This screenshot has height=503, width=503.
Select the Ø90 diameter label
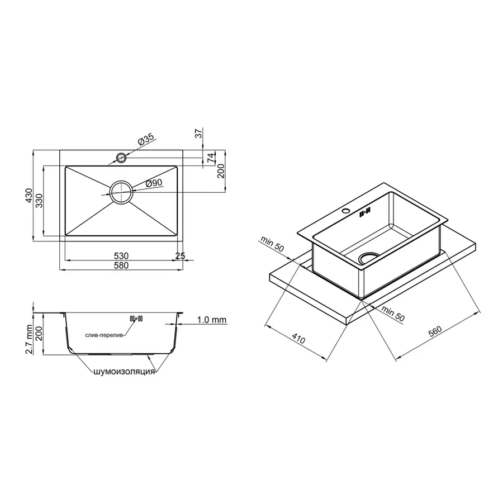pos(153,183)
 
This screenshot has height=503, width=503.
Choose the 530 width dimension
pos(121,256)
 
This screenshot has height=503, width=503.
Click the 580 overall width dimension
pos(121,266)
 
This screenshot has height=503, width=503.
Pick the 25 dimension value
pos(180,256)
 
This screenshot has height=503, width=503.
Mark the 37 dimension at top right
pos(197,134)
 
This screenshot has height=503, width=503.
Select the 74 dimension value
pos(211,158)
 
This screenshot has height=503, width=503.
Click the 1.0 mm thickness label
pos(211,320)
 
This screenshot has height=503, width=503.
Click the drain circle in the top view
pos(121,192)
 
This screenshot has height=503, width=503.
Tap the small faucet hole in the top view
pos(121,158)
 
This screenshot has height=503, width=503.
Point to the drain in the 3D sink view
pos(368,257)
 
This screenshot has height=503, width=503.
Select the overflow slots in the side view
pos(136,319)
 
